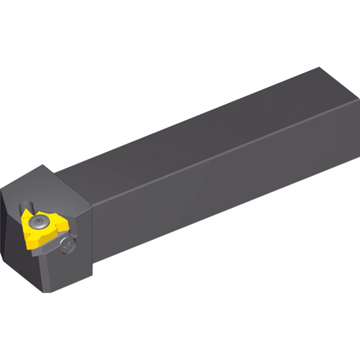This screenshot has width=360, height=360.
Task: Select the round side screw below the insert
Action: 67,244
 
